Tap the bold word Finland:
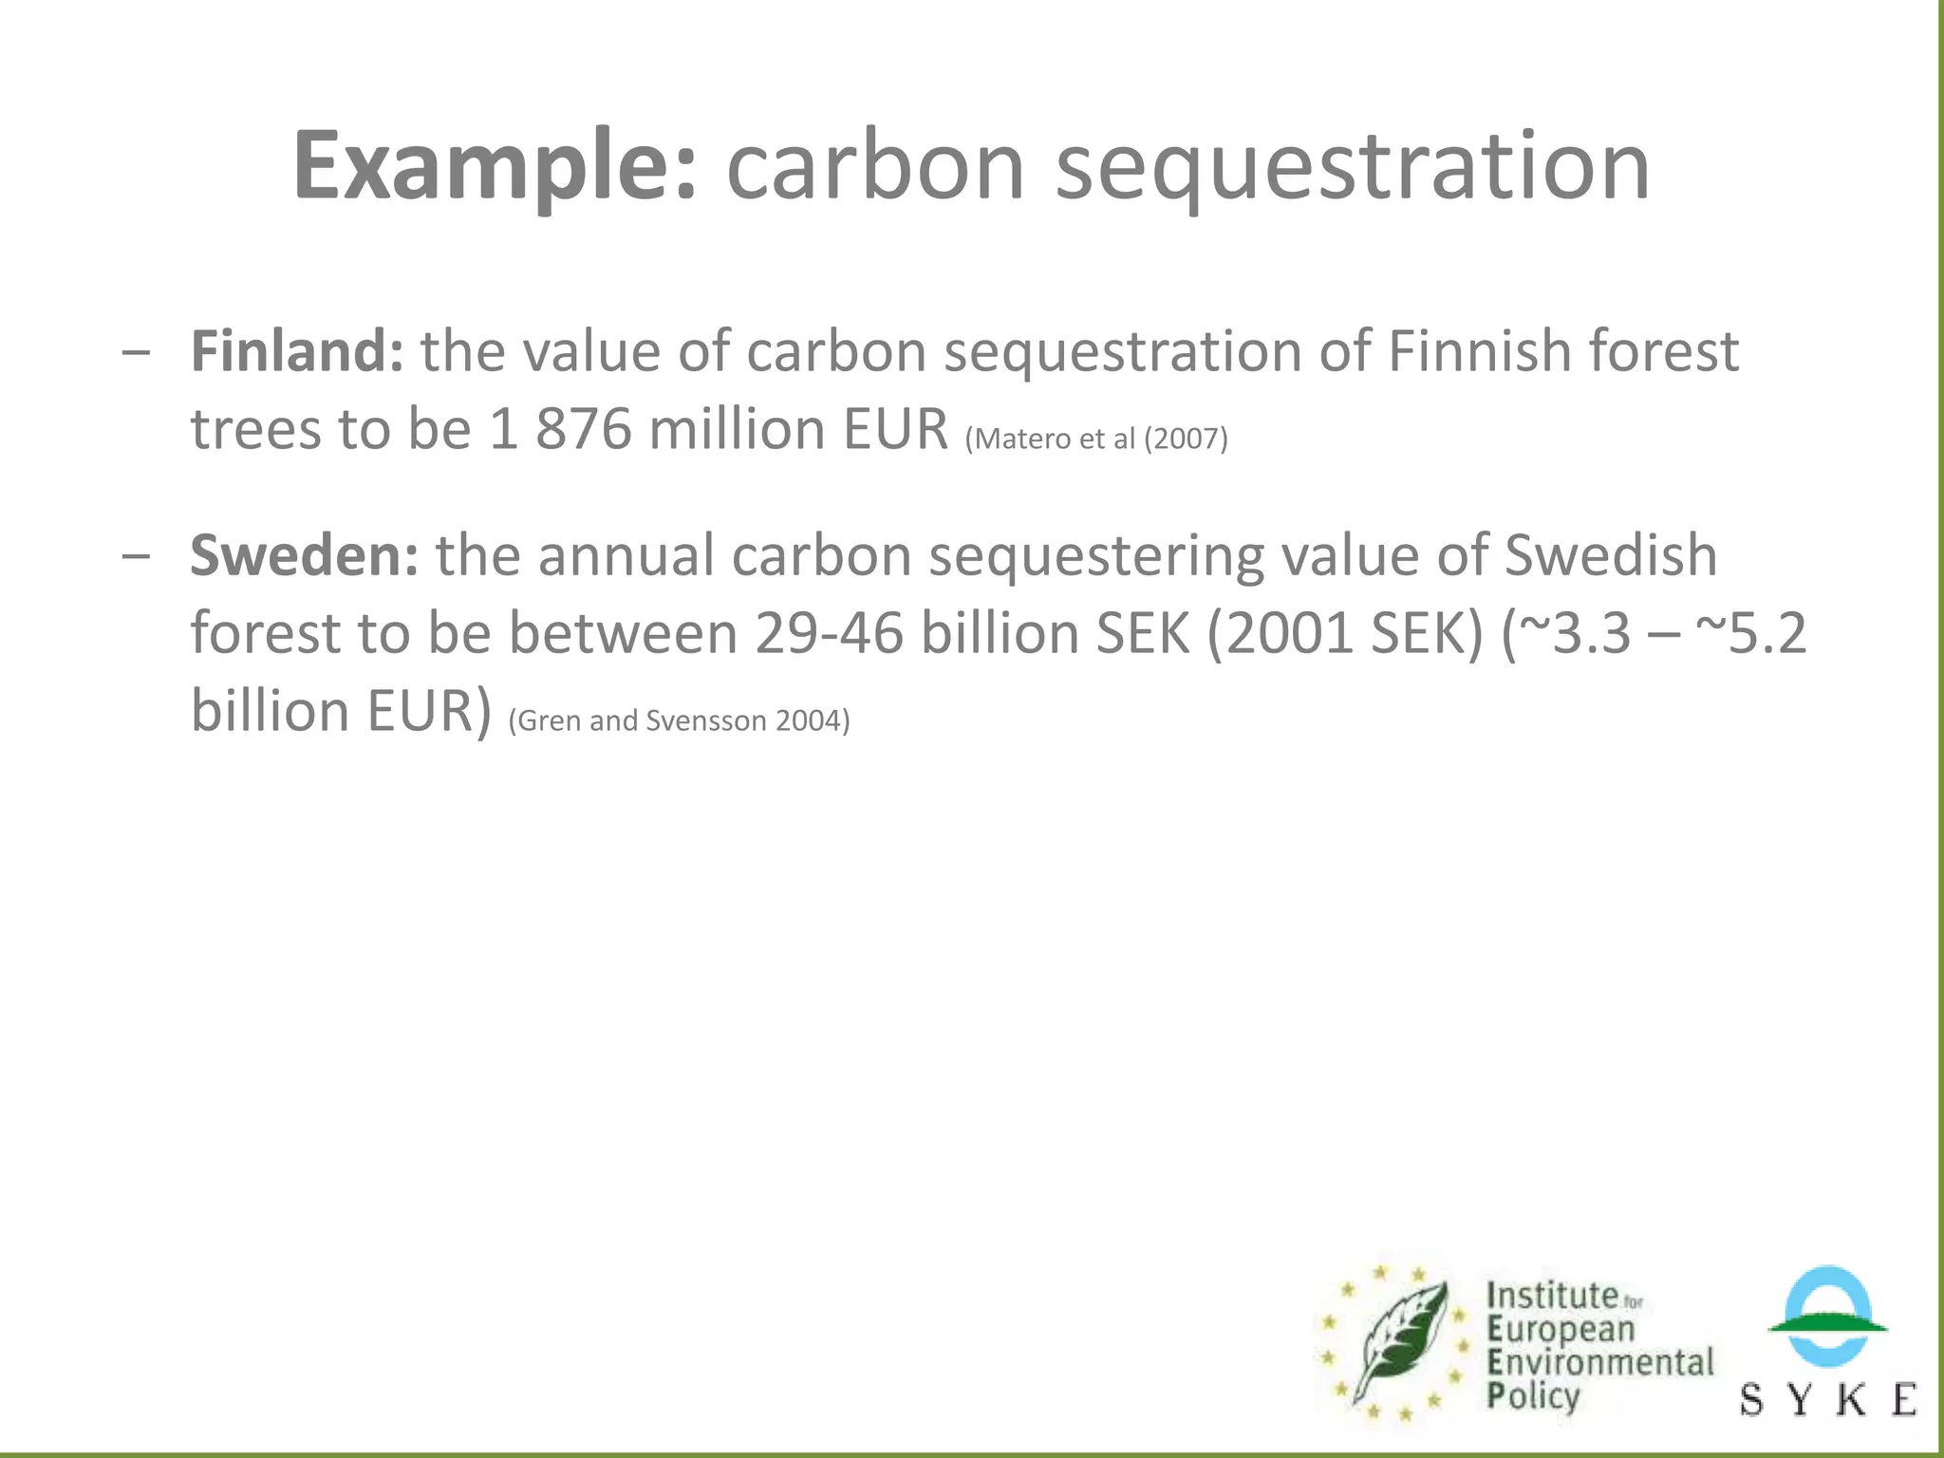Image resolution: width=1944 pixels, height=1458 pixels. (x=297, y=351)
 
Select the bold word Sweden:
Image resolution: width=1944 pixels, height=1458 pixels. (x=304, y=555)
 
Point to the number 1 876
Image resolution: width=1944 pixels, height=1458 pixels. (x=560, y=429)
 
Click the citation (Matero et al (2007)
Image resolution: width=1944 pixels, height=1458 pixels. (x=1096, y=439)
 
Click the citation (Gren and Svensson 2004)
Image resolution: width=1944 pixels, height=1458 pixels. (x=679, y=720)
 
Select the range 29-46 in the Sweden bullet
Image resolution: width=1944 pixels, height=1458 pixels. (x=829, y=633)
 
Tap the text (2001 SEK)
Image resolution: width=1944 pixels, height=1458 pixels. (x=1344, y=633)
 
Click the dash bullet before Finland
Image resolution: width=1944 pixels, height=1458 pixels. (x=136, y=352)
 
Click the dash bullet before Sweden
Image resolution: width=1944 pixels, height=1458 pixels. (x=136, y=556)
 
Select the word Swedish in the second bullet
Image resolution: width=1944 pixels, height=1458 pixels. (x=1611, y=555)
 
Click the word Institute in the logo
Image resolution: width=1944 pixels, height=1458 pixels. (x=1552, y=1296)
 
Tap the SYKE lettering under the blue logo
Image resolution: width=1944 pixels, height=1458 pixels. (x=1827, y=1399)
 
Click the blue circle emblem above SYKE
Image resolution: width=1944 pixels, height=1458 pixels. (x=1827, y=1315)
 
